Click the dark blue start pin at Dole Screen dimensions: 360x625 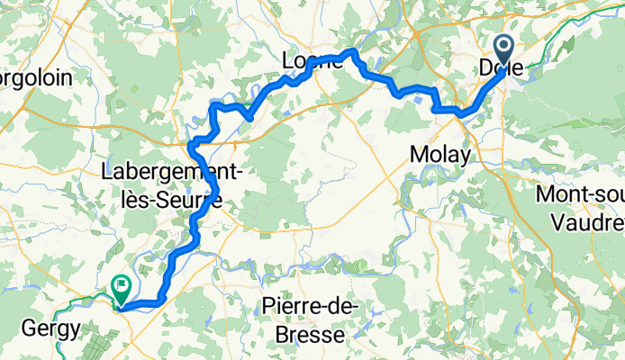503,47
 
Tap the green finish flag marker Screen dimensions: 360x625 120,287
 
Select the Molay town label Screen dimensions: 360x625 439,155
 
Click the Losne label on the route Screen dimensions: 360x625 311,61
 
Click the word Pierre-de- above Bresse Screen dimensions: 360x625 310,307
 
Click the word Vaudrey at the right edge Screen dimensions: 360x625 589,219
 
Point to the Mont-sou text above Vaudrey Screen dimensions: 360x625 579,194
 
